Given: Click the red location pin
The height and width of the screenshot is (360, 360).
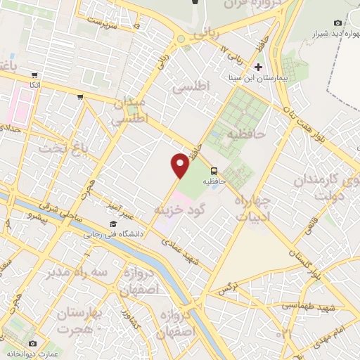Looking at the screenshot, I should [180, 165].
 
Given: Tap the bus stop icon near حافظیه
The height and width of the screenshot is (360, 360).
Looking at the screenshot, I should [214, 170].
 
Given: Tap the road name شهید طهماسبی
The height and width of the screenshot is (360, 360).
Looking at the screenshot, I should [310, 306].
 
